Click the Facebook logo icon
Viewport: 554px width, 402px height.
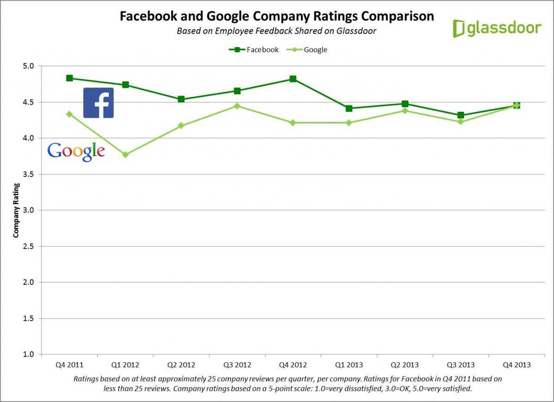pyautogui.click(x=98, y=103)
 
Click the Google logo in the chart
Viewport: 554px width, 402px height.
pyautogui.click(x=76, y=151)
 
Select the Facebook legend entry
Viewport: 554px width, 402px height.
pyautogui.click(x=254, y=49)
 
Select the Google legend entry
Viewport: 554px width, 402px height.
pyautogui.click(x=307, y=49)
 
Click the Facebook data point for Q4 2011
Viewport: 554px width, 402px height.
pyautogui.click(x=69, y=78)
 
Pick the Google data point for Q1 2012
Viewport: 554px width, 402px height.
pyautogui.click(x=125, y=155)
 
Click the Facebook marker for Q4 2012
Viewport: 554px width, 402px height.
pyautogui.click(x=293, y=79)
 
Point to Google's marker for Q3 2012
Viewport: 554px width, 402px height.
pyautogui.click(x=237, y=106)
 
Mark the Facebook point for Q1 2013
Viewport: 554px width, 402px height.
pyautogui.click(x=349, y=109)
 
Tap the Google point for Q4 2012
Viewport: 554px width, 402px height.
pyautogui.click(x=293, y=122)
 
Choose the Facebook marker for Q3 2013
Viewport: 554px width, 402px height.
pyautogui.click(x=460, y=115)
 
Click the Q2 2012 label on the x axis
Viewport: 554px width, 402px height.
pyautogui.click(x=181, y=365)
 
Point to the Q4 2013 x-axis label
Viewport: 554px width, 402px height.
pyautogui.click(x=516, y=365)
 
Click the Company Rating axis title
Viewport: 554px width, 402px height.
pyautogui.click(x=16, y=210)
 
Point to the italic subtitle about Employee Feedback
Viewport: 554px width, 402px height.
pyautogui.click(x=277, y=31)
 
